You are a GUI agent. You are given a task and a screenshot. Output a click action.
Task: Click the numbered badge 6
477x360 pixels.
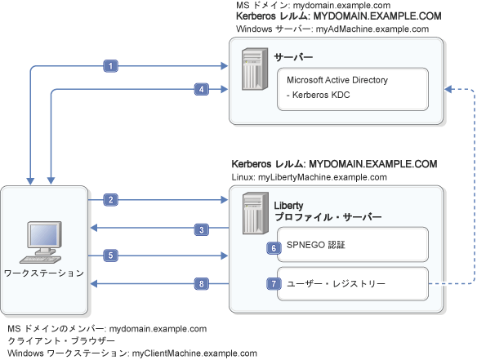tap(274, 247)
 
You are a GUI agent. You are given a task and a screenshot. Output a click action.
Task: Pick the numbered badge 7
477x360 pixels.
tap(274, 284)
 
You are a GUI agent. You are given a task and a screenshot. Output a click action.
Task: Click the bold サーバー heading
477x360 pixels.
tap(294, 57)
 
